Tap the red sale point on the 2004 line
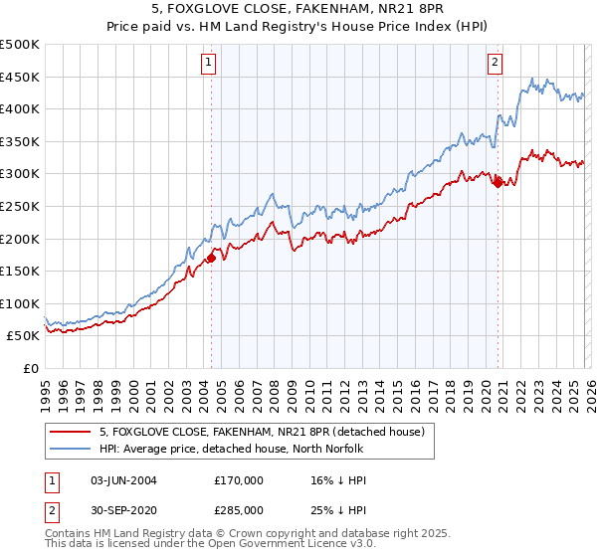[x=211, y=259]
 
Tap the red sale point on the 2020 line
[x=497, y=183]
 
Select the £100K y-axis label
[x=20, y=303]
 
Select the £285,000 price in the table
[x=239, y=509]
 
